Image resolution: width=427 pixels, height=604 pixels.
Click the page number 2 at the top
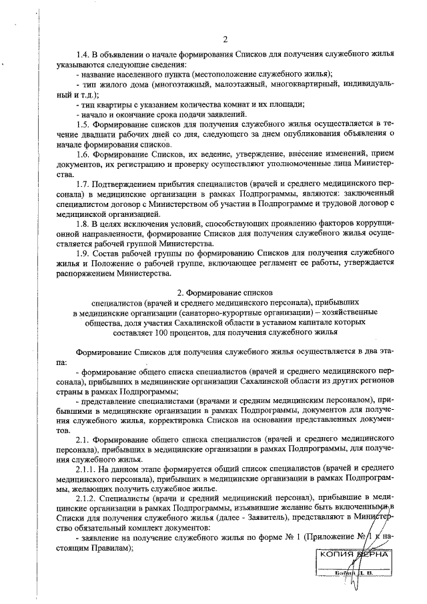pyautogui.click(x=225, y=38)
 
